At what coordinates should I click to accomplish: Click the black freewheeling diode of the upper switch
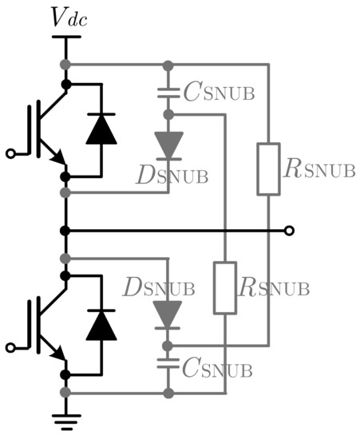(101, 129)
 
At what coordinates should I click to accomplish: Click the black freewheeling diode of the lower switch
(101, 324)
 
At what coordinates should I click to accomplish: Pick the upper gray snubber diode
(168, 144)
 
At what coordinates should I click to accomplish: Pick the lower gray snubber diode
(168, 314)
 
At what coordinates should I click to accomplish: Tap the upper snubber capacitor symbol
(168, 90)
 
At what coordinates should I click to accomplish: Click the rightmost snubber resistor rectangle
(267, 168)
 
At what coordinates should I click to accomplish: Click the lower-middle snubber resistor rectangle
(227, 287)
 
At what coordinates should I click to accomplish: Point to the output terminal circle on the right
(290, 231)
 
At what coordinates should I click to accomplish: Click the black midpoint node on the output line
(65, 231)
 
